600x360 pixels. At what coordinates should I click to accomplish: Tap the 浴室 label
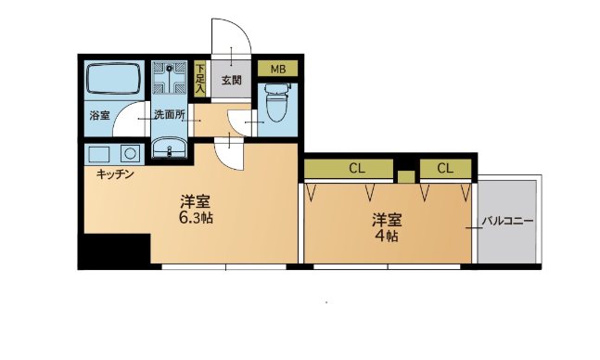coord(98,116)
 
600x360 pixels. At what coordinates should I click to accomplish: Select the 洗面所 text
coord(170,116)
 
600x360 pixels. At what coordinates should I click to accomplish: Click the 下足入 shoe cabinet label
coord(200,77)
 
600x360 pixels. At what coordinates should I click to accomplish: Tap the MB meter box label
coord(276,69)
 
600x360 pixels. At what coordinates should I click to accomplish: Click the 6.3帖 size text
coord(197,219)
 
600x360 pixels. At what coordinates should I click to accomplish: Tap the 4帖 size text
coord(387,236)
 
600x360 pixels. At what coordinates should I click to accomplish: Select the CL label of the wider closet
coord(356,169)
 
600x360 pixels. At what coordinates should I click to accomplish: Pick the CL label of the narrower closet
coord(445,169)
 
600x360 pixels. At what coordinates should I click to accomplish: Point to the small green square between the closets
coord(404,175)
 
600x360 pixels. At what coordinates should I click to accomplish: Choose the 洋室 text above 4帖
coord(387,220)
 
